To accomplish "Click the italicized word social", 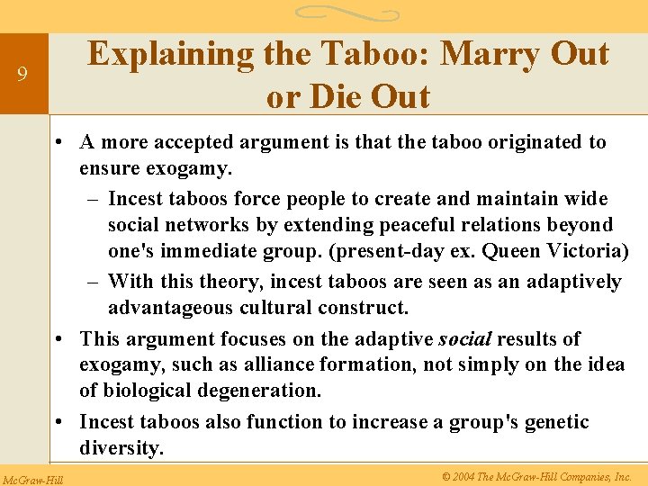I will (464, 339).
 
